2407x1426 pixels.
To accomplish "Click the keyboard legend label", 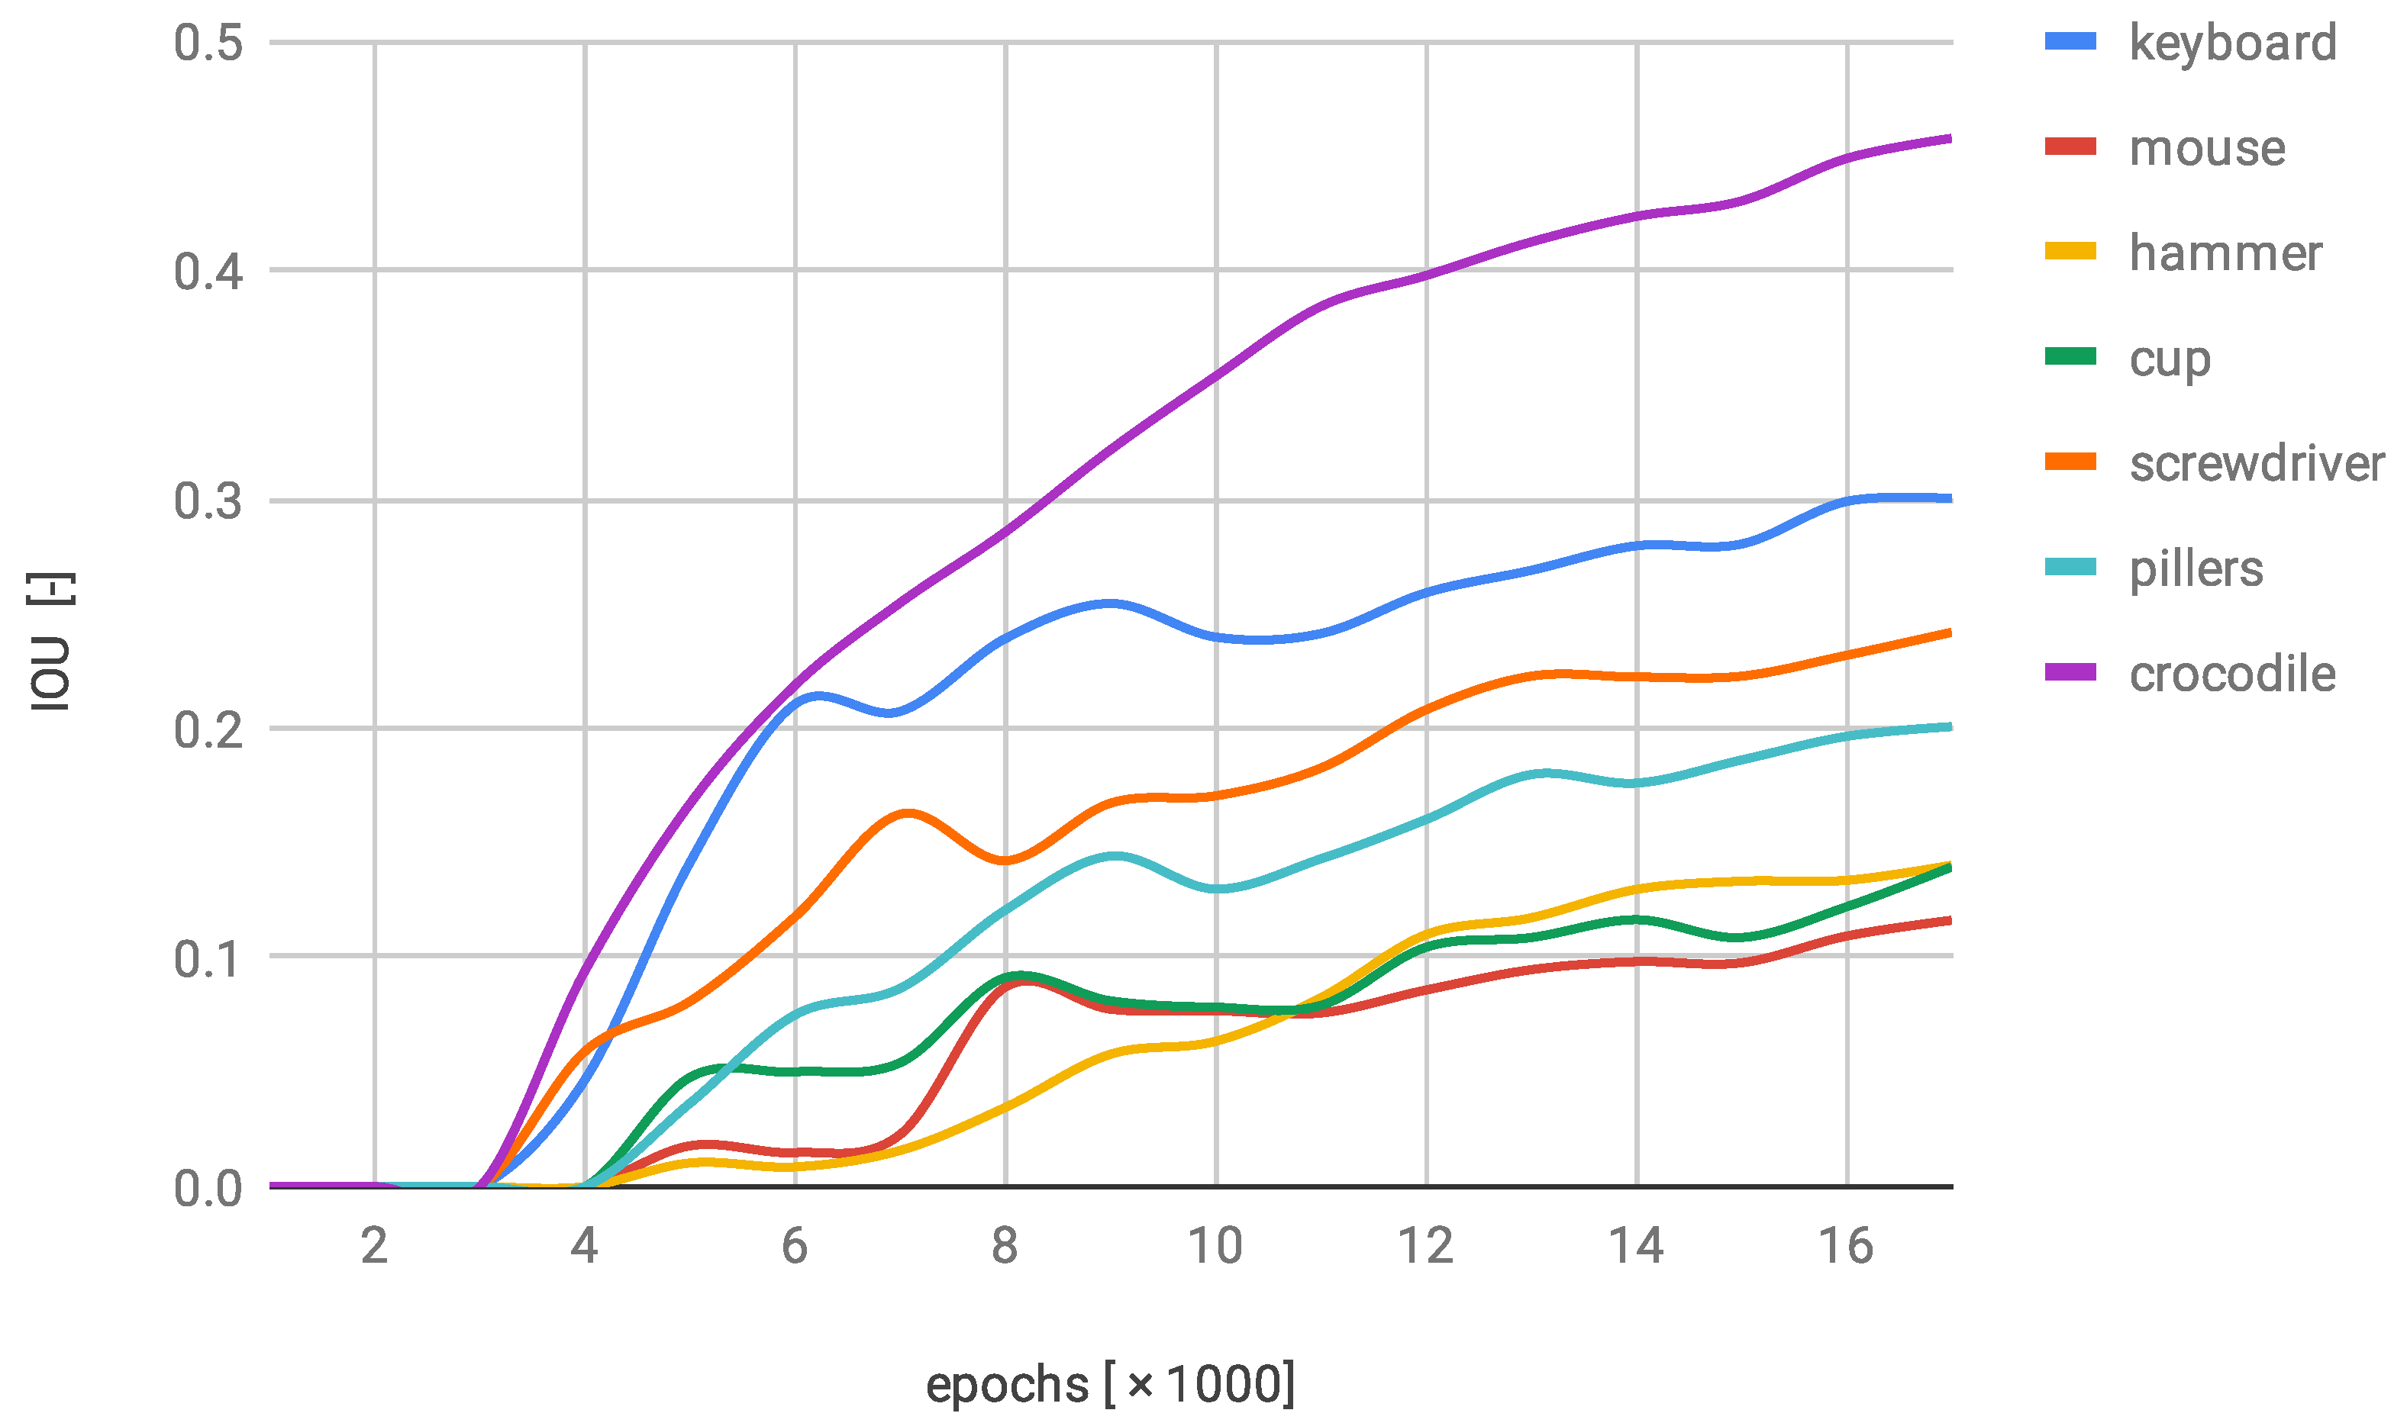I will point(2232,43).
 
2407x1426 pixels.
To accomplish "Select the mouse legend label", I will point(2207,148).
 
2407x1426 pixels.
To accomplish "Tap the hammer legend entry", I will point(2225,253).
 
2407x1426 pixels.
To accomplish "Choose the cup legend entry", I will point(2170,359).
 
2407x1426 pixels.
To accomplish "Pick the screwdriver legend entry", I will point(2256,463).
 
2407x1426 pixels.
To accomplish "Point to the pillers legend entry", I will point(2196,569).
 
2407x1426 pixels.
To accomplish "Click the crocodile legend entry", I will point(2232,674).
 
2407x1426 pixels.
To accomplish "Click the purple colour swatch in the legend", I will point(2070,673).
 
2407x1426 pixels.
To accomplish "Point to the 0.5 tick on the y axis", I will point(208,43).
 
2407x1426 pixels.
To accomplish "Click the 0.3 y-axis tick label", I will point(208,501).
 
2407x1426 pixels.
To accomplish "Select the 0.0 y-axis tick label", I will point(208,1189).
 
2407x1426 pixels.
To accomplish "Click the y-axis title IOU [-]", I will point(50,642).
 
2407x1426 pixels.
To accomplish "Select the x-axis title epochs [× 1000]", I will point(1110,1385).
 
